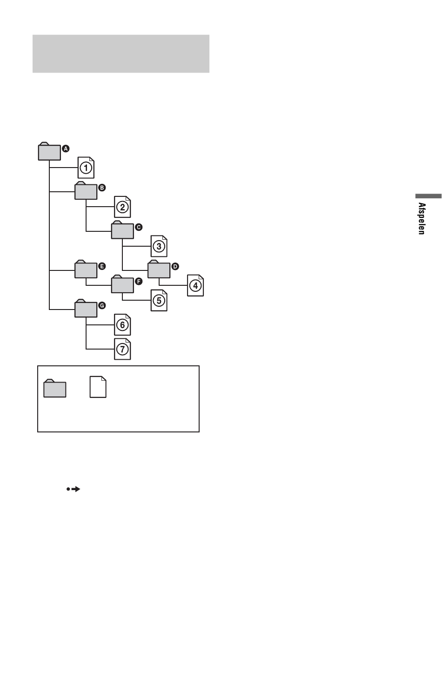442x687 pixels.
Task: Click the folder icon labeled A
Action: click(x=49, y=151)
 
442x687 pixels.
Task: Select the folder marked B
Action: click(x=86, y=190)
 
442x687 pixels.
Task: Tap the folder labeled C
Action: click(x=122, y=230)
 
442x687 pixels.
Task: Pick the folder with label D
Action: click(x=159, y=269)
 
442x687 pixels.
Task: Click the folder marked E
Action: click(x=86, y=269)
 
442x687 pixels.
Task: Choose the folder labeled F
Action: click(x=122, y=284)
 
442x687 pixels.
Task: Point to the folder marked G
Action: click(x=86, y=308)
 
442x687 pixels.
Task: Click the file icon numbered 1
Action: click(x=86, y=168)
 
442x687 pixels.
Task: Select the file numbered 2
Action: click(x=122, y=207)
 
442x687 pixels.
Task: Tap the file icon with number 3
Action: click(x=159, y=246)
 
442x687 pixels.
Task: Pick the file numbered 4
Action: click(x=195, y=285)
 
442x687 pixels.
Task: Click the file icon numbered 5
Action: click(x=159, y=301)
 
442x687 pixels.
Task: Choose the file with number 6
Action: click(x=122, y=325)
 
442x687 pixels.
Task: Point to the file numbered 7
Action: click(x=122, y=349)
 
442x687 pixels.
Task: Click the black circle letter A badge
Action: click(x=66, y=149)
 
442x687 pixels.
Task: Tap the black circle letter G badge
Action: click(x=102, y=305)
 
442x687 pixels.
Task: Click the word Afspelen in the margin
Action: click(x=422, y=219)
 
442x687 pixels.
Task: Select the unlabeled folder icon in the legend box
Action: click(x=54, y=389)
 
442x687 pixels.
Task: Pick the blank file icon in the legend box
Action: click(x=98, y=387)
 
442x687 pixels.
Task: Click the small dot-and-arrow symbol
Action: click(x=73, y=489)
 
